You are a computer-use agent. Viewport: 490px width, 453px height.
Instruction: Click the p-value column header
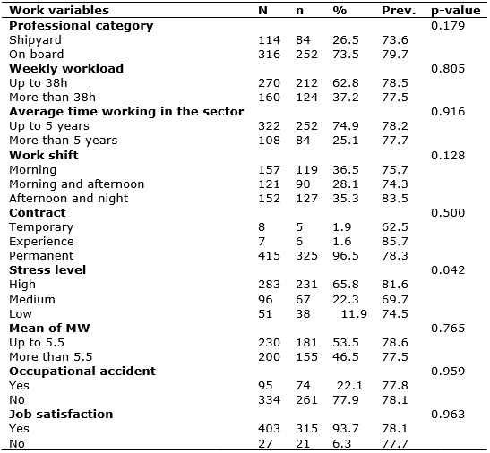[456, 11]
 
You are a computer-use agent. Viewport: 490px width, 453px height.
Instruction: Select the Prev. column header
[399, 11]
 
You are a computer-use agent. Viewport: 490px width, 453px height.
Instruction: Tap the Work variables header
[59, 11]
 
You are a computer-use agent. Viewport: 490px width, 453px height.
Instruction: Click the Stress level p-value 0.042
[448, 270]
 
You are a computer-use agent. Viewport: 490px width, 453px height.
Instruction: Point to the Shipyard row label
[35, 40]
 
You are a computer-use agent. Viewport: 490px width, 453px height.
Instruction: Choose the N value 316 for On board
[269, 55]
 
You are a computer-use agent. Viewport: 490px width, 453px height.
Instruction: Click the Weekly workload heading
[66, 69]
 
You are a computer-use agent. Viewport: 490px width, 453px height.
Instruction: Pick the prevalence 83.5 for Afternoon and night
[395, 199]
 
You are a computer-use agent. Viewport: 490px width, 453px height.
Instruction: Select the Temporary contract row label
[41, 227]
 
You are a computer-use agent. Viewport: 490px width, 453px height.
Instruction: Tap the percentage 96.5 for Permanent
[346, 255]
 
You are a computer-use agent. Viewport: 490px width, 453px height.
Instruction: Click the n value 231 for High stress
[306, 285]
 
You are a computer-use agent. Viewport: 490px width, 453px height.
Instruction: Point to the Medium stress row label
[32, 299]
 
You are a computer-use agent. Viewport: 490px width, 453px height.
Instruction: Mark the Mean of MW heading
[49, 328]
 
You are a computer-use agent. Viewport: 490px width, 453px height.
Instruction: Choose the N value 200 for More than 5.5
[269, 357]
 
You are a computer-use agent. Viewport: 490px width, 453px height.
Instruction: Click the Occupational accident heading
[82, 372]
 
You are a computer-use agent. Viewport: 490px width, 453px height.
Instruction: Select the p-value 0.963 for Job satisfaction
[448, 415]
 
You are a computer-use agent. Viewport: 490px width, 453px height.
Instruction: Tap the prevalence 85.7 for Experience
[395, 242]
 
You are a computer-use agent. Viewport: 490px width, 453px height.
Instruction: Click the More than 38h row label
[52, 98]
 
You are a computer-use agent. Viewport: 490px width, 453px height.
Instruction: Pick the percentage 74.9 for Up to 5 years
[346, 126]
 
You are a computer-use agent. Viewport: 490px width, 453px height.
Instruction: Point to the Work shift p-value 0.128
[448, 155]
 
